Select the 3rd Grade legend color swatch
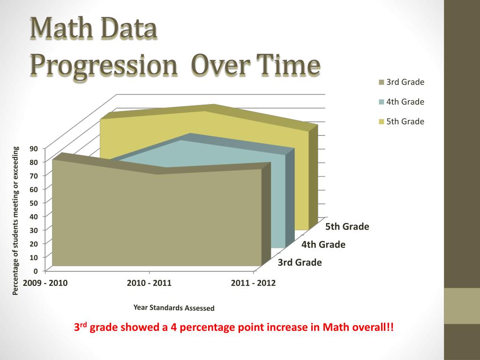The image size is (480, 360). click(382, 83)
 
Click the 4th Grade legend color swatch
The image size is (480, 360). click(382, 102)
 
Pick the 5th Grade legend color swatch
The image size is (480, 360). click(382, 122)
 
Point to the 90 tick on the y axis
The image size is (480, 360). click(34, 149)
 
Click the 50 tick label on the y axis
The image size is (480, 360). click(34, 203)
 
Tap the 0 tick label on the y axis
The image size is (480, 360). click(36, 271)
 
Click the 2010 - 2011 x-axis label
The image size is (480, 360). click(149, 283)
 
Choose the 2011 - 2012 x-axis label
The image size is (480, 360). click(253, 283)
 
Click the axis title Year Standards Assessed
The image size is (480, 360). click(174, 308)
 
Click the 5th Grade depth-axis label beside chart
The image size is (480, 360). click(347, 227)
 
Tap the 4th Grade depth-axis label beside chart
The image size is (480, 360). click(323, 245)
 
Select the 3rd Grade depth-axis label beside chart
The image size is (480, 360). click(300, 262)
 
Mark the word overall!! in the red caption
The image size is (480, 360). click(370, 328)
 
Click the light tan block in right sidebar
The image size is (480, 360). click(462, 306)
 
